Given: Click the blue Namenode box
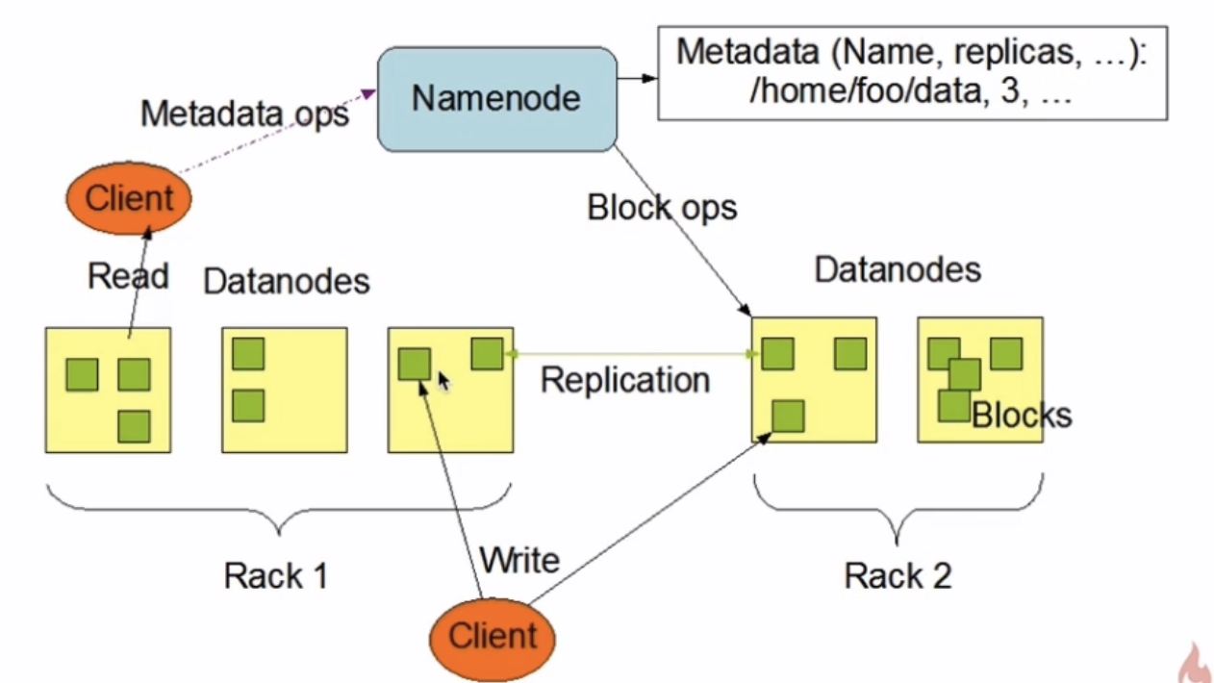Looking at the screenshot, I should point(495,98).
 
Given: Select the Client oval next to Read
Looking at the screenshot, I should point(129,199).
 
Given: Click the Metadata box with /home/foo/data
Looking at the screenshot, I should point(911,74).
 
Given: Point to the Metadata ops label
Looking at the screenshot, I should point(244,114).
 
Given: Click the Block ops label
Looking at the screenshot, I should point(662,207).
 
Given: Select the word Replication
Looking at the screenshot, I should point(624,380).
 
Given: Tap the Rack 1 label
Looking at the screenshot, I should point(276,575).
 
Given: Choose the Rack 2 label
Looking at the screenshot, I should point(898,575).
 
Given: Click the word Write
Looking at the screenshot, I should point(518,559).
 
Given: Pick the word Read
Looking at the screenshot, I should point(128,276).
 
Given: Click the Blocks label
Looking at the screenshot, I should point(1021,415).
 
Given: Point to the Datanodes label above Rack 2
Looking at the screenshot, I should point(898,269).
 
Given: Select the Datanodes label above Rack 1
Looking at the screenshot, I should point(287,281).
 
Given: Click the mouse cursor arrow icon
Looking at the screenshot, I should point(443,382).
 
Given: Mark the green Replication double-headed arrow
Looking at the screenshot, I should point(631,355).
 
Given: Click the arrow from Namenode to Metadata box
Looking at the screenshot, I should point(636,78).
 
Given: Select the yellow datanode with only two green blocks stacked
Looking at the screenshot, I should point(284,389).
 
